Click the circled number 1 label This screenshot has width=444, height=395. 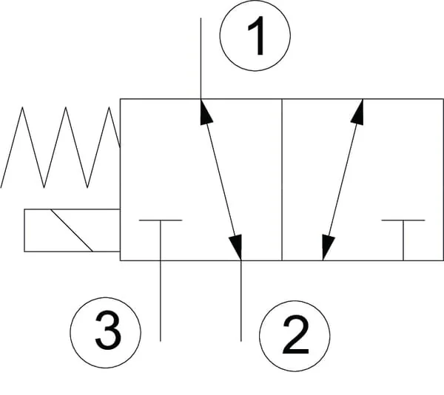click(x=255, y=36)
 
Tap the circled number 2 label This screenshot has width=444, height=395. click(x=295, y=336)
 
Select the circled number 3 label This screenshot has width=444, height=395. click(x=105, y=332)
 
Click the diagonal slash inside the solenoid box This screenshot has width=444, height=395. click(x=72, y=230)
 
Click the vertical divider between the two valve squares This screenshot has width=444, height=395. click(x=282, y=180)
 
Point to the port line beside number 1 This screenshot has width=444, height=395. click(x=201, y=58)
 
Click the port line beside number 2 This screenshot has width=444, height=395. click(x=241, y=301)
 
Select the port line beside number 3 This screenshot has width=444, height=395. click(x=161, y=301)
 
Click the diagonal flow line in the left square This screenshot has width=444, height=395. click(x=221, y=180)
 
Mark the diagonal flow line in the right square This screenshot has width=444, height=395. click(x=343, y=180)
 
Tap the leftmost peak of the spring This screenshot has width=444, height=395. click(x=22, y=107)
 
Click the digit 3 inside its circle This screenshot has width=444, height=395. click(x=108, y=330)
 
